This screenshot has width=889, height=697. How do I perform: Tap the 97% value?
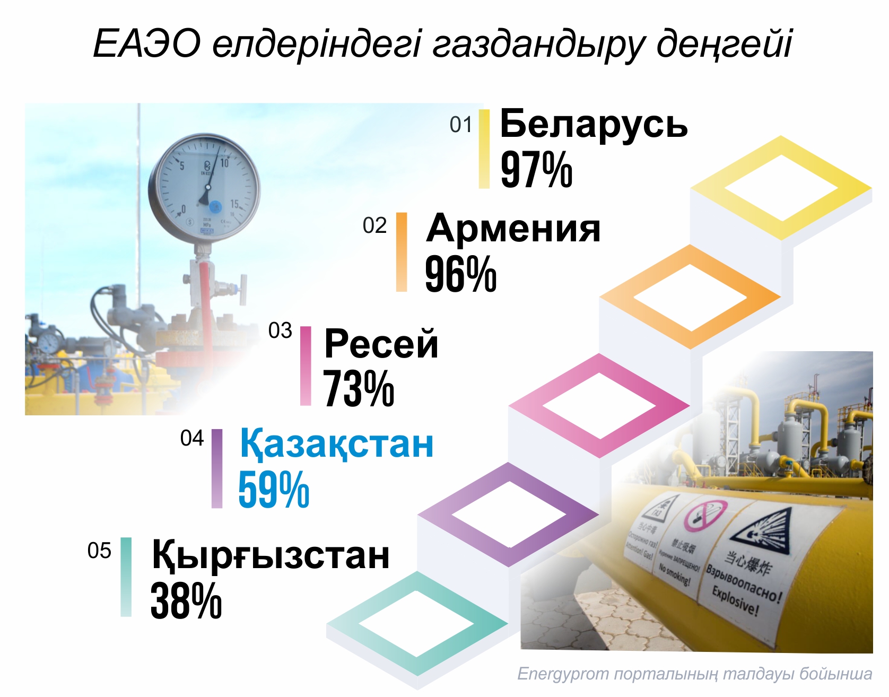pyautogui.click(x=536, y=170)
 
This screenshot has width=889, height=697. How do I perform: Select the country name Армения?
pyautogui.click(x=513, y=229)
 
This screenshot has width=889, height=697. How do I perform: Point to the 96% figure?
pyautogui.click(x=460, y=274)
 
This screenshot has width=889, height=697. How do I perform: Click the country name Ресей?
pyautogui.click(x=381, y=344)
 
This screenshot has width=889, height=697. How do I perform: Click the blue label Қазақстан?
pyautogui.click(x=337, y=443)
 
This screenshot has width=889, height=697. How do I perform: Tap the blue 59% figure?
pyautogui.click(x=274, y=490)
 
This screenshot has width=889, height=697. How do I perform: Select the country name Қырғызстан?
pyautogui.click(x=271, y=555)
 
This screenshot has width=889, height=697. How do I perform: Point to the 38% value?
pyautogui.click(x=186, y=601)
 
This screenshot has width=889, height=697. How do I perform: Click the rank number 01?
pyautogui.click(x=460, y=125)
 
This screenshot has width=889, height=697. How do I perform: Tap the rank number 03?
pyautogui.click(x=280, y=331)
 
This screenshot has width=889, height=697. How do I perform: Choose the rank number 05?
pyautogui.click(x=99, y=551)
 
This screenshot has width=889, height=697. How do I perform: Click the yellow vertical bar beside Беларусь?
pyautogui.click(x=484, y=149)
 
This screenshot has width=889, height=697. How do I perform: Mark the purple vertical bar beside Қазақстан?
pyautogui.click(x=217, y=468)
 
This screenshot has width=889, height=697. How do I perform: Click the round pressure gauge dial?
pyautogui.click(x=204, y=188)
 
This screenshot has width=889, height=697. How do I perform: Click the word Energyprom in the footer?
pyautogui.click(x=563, y=674)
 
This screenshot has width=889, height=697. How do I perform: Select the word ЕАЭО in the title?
pyautogui.click(x=147, y=43)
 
